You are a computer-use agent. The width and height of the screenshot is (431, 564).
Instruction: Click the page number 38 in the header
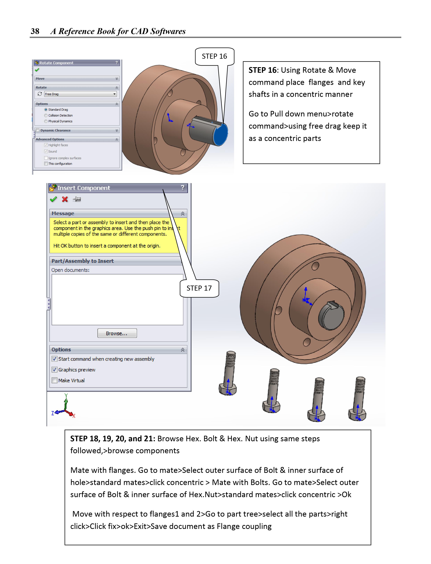click(35, 31)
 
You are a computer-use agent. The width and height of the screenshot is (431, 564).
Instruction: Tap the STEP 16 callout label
click(214, 56)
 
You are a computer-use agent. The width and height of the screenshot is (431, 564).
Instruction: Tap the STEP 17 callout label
click(199, 288)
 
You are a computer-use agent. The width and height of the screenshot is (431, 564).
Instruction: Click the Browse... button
click(117, 333)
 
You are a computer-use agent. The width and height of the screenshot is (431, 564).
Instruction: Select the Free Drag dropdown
click(80, 94)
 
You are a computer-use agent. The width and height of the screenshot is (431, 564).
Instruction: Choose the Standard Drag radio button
click(46, 110)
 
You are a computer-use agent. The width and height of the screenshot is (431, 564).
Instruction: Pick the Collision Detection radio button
click(46, 115)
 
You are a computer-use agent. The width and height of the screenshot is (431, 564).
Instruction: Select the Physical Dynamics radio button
click(46, 121)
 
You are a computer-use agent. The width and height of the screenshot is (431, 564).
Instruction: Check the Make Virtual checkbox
click(54, 380)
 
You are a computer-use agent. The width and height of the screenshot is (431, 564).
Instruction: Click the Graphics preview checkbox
click(54, 370)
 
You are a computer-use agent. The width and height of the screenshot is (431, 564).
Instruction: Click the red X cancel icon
click(65, 199)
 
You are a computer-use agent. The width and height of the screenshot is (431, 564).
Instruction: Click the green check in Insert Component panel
click(53, 199)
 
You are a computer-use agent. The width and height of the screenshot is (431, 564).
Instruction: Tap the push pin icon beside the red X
click(77, 199)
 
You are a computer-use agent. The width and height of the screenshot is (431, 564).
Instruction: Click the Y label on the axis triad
click(66, 395)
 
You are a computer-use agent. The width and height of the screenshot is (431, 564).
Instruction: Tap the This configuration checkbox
click(46, 164)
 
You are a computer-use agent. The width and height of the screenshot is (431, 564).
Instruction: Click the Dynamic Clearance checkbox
click(38, 130)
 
